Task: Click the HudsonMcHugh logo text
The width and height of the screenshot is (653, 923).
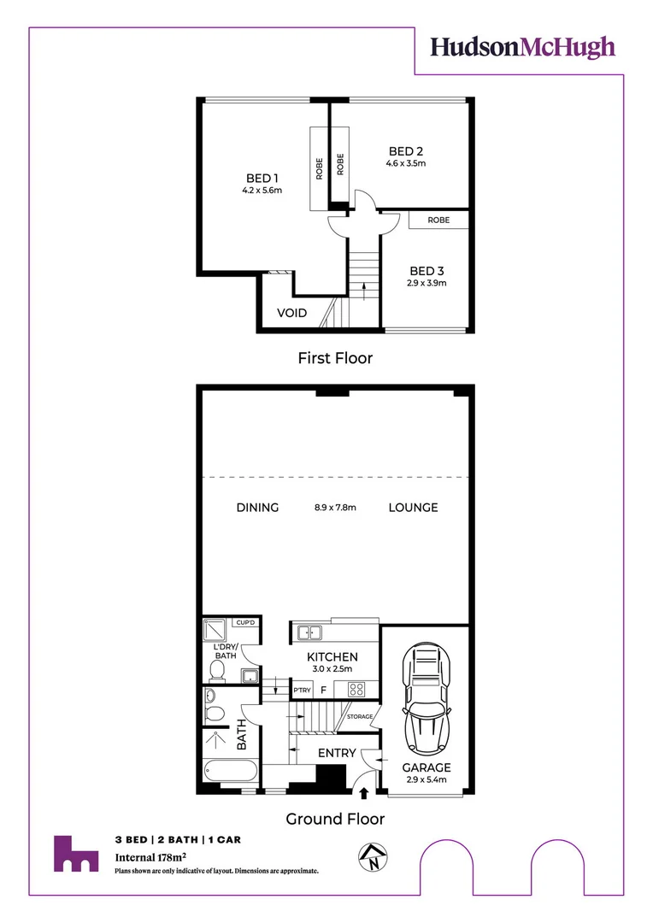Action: (522, 46)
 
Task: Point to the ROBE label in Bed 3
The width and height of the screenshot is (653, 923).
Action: (438, 220)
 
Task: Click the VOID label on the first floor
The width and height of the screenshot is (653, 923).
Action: (291, 313)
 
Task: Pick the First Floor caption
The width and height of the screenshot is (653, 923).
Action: (335, 358)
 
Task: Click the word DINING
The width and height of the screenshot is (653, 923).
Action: (257, 508)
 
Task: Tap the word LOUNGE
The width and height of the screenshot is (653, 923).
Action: (413, 508)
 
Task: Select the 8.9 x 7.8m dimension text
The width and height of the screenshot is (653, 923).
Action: (335, 508)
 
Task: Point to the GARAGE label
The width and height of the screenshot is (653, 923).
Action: (427, 767)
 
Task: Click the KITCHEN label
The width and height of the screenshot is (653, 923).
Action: (332, 656)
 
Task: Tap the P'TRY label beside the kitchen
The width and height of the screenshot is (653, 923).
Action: (301, 690)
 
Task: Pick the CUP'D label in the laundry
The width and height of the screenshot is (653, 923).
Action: (247, 623)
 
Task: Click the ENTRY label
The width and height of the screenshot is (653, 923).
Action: (337, 753)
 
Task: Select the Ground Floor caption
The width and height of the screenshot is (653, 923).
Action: (335, 819)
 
